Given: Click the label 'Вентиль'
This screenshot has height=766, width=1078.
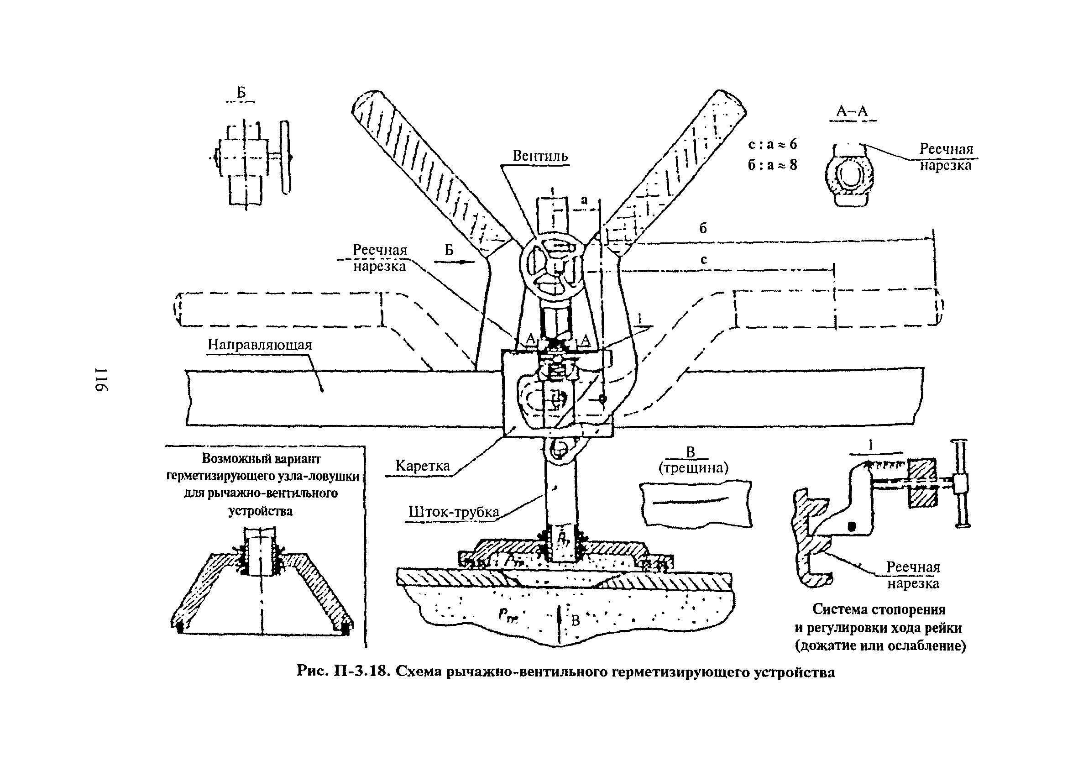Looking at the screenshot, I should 540,156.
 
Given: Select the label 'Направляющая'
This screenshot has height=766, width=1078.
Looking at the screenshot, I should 260,344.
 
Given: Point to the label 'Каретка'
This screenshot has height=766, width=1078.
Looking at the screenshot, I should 423,466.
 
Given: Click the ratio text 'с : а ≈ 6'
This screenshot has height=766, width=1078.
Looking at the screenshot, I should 772,144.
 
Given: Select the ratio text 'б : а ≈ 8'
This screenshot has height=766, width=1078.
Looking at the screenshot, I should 772,165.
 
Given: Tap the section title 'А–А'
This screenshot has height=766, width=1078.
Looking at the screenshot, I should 852,111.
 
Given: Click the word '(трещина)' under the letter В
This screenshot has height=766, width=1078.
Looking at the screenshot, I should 693,468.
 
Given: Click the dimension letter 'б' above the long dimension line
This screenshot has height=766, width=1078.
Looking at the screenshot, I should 703,229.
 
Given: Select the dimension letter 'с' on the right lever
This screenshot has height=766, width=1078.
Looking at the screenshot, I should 704,259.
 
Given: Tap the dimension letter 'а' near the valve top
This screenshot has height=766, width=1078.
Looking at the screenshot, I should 584,200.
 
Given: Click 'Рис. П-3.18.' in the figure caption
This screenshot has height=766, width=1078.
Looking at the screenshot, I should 343,672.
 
